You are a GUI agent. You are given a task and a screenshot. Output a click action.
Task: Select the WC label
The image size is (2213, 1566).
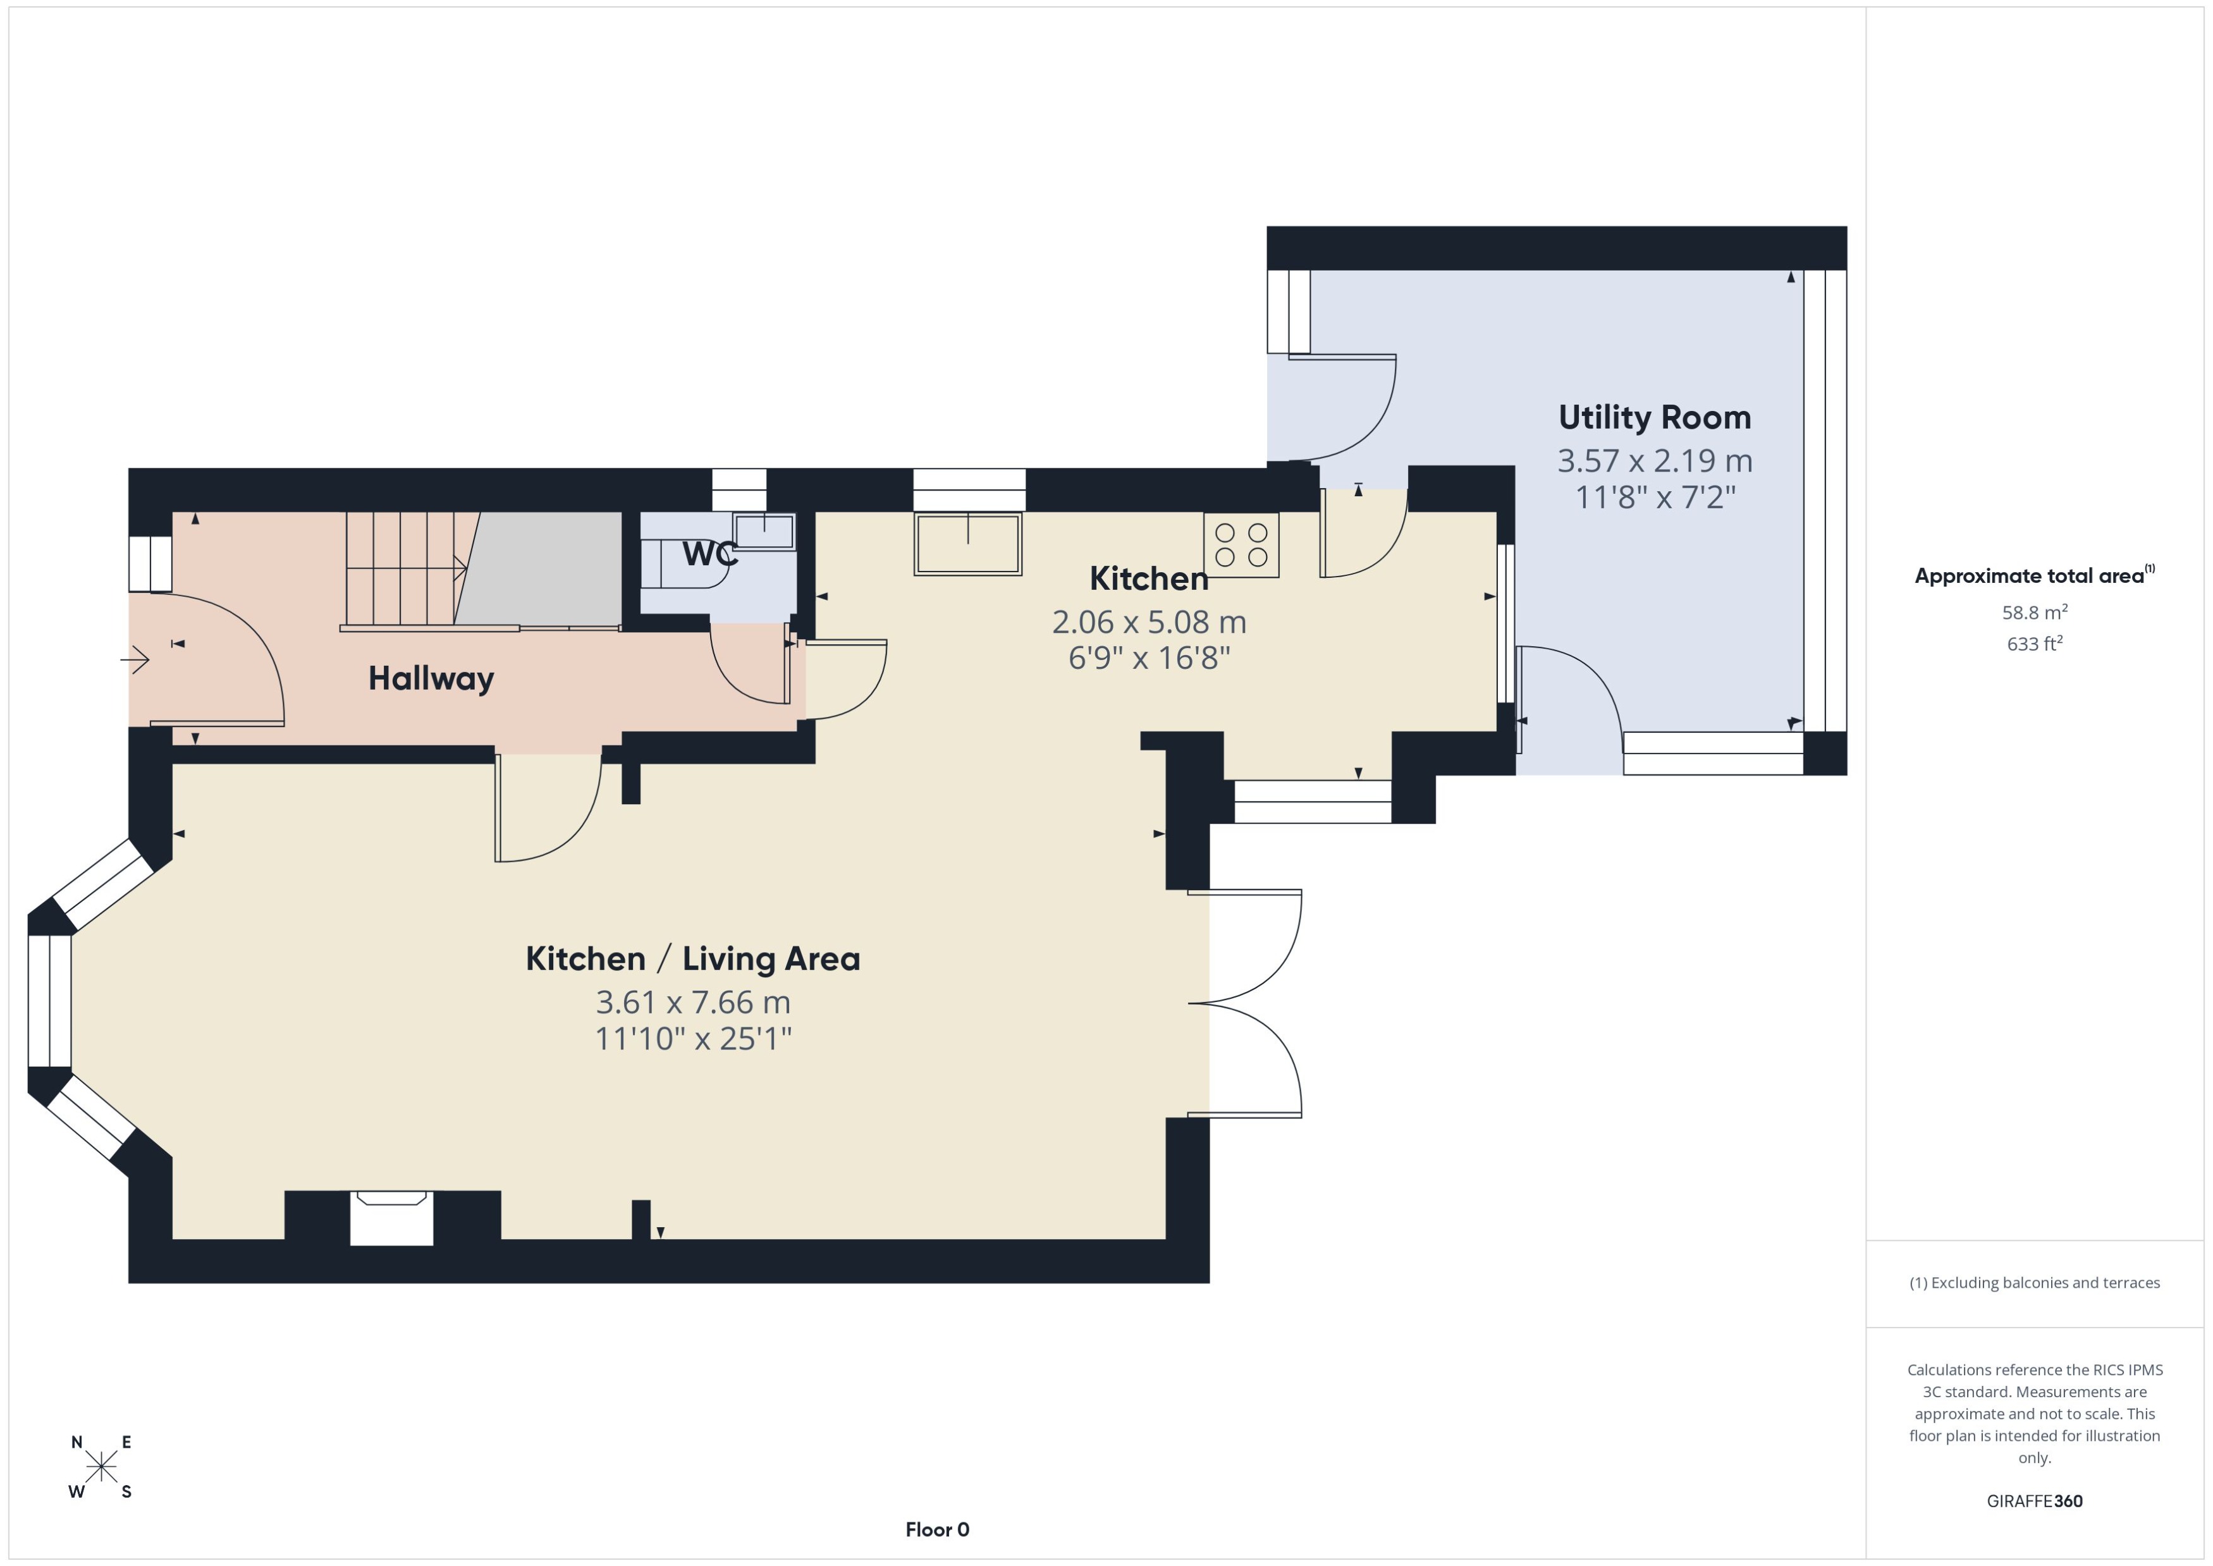click(709, 554)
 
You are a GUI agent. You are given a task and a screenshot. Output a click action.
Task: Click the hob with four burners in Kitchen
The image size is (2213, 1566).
click(1241, 545)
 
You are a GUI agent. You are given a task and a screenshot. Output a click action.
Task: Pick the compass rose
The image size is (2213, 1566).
click(101, 1467)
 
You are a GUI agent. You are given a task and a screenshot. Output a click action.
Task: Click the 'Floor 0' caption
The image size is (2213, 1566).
click(936, 1529)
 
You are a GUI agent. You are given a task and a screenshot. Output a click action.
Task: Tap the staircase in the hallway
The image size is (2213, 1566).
click(405, 569)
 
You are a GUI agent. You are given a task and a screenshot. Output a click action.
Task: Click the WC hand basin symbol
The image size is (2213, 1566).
click(764, 531)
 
